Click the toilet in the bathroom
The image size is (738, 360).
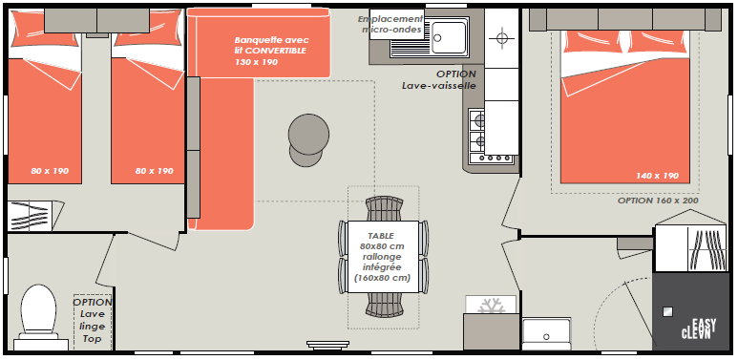pyautogui.click(x=37, y=316)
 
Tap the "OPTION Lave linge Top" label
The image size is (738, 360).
pyautogui.click(x=93, y=320)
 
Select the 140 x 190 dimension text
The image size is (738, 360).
pyautogui.click(x=657, y=176)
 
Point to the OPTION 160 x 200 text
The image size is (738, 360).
pyautogui.click(x=658, y=200)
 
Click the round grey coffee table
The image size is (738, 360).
pyautogui.click(x=308, y=139)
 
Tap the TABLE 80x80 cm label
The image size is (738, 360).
pyautogui.click(x=382, y=241)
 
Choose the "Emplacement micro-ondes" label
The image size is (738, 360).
pyautogui.click(x=390, y=24)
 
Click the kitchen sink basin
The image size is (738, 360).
pyautogui.click(x=450, y=36)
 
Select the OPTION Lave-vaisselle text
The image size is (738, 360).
pyautogui.click(x=438, y=80)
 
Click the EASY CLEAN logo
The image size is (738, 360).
pyautogui.click(x=699, y=328)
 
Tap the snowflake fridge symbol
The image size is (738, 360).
pyautogui.click(x=491, y=305)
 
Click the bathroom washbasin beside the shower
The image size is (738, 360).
pyautogui.click(x=546, y=333)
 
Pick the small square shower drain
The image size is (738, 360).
pyautogui.click(x=667, y=311)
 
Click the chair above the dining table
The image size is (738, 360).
pyautogui.click(x=384, y=209)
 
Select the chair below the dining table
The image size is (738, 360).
pyautogui.click(x=384, y=305)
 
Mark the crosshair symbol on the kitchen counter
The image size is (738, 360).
pyautogui.click(x=502, y=38)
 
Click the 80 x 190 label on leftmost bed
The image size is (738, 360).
pyautogui.click(x=50, y=171)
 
